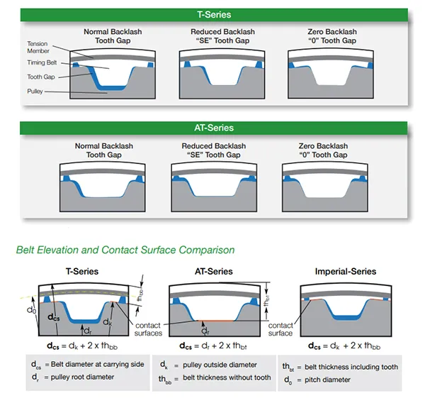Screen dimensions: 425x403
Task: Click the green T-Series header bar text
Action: pyautogui.click(x=214, y=14)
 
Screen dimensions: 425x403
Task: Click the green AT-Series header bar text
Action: pyautogui.click(x=214, y=128)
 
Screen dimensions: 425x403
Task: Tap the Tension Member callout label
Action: pyautogui.click(x=38, y=48)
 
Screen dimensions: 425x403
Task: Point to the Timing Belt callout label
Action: pyautogui.click(x=42, y=62)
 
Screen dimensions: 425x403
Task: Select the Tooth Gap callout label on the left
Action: pyautogui.click(x=41, y=77)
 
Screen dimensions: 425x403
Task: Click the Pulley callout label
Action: pyautogui.click(x=35, y=92)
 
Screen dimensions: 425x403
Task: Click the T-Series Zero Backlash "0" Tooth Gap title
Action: pyautogui.click(x=332, y=36)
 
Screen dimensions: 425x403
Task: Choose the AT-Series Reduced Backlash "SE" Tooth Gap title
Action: pyautogui.click(x=214, y=150)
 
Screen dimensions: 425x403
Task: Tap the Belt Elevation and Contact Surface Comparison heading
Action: pyautogui.click(x=125, y=250)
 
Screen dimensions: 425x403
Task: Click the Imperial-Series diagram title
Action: pyautogui.click(x=346, y=271)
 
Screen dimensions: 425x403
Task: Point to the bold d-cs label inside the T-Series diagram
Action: pyautogui.click(x=53, y=317)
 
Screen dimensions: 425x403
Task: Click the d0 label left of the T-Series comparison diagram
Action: pyautogui.click(x=31, y=310)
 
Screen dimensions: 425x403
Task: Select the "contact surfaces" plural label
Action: pyautogui.click(x=148, y=329)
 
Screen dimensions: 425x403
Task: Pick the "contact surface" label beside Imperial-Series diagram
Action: pyautogui.click(x=280, y=329)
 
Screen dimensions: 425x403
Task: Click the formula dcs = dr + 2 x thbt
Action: pyautogui.click(x=213, y=346)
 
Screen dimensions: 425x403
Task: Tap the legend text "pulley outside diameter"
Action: pyautogui.click(x=220, y=365)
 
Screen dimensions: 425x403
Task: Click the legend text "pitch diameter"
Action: pyautogui.click(x=327, y=380)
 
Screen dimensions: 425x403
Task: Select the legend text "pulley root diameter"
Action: pyautogui.click(x=82, y=377)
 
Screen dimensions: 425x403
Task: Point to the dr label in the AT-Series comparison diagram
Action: pyautogui.click(x=205, y=331)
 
